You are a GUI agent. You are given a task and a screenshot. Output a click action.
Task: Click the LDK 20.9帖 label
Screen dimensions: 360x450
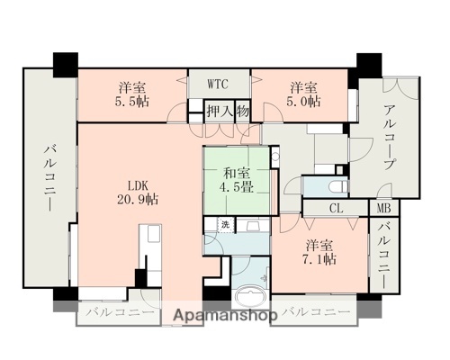click(137, 193)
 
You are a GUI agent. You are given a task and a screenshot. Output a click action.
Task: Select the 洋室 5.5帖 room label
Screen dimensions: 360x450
click(131, 94)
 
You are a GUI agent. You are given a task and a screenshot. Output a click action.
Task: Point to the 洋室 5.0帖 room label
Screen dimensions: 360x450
click(303, 94)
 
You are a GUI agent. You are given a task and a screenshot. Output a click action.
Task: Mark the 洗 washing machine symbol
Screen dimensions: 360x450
click(225, 223)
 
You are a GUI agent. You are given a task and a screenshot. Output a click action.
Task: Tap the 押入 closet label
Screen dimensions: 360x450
click(217, 112)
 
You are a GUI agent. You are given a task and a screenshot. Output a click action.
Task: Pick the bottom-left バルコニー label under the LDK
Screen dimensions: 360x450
click(120, 314)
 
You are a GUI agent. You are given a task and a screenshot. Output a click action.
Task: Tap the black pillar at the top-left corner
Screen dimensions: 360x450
click(66, 65)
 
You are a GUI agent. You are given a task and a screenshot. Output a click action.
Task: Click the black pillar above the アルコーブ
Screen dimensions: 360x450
click(368, 65)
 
